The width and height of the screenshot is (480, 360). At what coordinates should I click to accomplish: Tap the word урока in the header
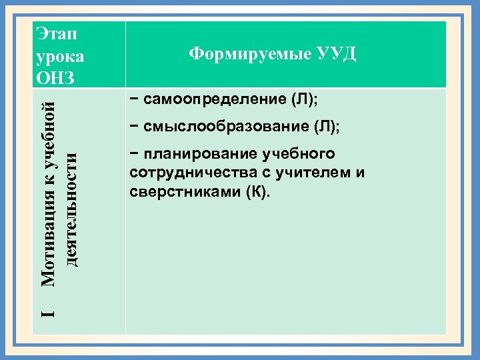61,55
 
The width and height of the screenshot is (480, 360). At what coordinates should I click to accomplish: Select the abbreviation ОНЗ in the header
57,77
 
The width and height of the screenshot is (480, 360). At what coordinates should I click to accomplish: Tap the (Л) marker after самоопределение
305,101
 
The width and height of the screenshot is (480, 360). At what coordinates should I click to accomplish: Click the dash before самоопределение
135,101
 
